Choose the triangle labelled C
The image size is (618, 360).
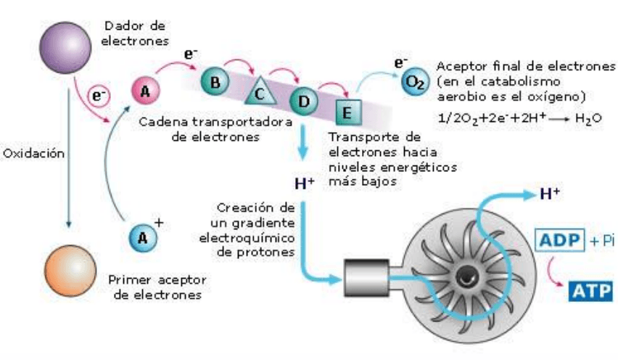(x=260, y=92)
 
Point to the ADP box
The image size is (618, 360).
(x=559, y=239)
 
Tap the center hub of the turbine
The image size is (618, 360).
(x=463, y=275)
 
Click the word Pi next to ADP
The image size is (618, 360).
(x=603, y=239)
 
